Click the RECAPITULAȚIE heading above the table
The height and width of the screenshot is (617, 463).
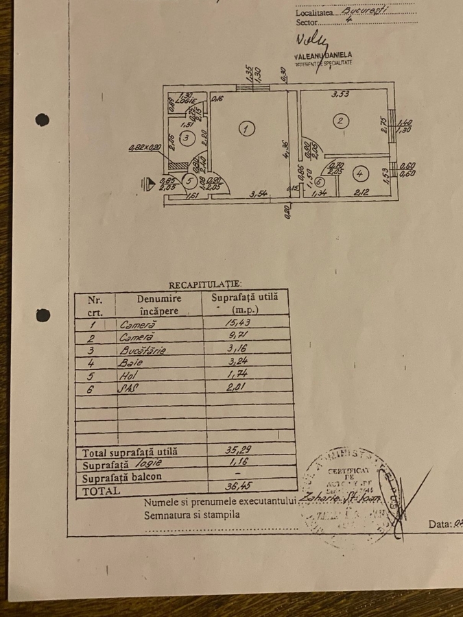click(205, 283)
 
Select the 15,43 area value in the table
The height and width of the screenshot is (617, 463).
click(235, 324)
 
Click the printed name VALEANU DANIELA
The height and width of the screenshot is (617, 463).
click(322, 54)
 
